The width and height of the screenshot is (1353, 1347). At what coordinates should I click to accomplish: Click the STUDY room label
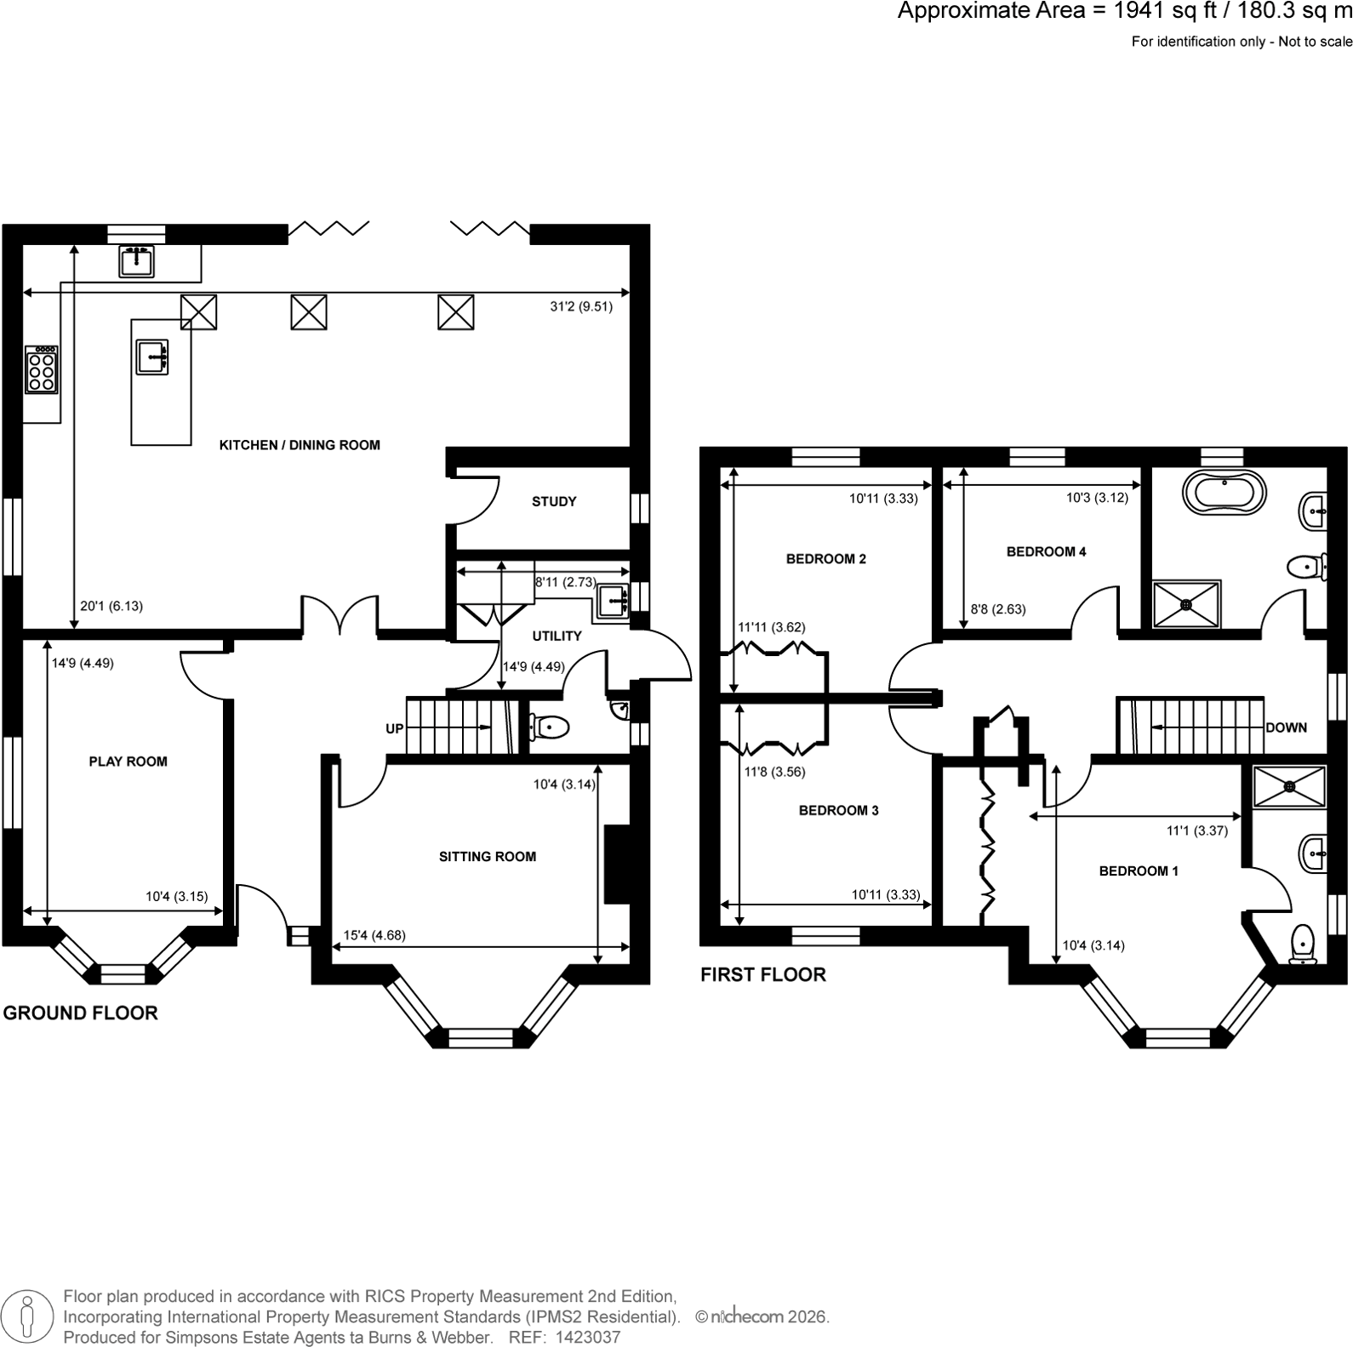[554, 502]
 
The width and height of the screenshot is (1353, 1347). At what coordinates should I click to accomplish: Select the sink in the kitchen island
[152, 357]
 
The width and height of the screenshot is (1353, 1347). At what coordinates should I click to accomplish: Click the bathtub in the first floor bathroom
[1225, 493]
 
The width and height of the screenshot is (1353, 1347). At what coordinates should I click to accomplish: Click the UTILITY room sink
[613, 602]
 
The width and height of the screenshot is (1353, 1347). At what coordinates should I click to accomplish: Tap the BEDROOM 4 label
[1046, 551]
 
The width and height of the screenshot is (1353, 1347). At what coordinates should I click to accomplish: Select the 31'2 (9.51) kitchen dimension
[581, 306]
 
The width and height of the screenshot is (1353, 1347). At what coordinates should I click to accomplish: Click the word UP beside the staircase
[395, 728]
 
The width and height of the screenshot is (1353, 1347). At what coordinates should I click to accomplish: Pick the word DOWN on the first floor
[1286, 728]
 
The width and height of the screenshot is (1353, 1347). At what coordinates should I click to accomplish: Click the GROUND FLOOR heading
[81, 1013]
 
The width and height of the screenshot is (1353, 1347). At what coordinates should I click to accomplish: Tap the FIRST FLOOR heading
[763, 974]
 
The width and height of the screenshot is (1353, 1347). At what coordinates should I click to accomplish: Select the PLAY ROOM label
[128, 762]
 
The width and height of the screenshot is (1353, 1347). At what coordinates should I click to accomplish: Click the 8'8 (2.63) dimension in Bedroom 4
[998, 609]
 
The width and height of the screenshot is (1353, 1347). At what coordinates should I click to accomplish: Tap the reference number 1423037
[588, 1338]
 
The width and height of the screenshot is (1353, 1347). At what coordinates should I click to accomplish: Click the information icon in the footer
[27, 1316]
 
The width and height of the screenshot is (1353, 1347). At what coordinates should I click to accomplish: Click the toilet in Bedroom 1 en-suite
[1303, 945]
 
